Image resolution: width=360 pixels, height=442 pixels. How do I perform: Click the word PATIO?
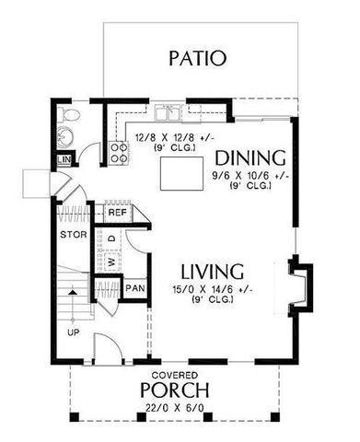(x=196, y=60)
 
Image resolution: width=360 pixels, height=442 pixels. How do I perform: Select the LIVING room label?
(x=212, y=273)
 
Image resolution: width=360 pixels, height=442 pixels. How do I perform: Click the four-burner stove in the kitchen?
(x=119, y=152)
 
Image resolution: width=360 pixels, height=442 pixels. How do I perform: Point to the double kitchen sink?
(x=169, y=114)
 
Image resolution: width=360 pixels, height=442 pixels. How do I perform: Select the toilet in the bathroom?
(x=69, y=116)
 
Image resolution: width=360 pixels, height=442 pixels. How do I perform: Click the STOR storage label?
(x=73, y=235)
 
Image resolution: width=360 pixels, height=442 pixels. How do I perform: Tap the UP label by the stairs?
(x=72, y=331)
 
